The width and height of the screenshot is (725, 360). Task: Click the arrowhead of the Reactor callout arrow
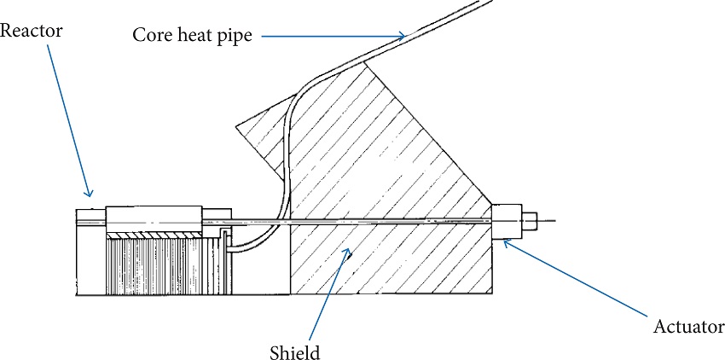point(88,194)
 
